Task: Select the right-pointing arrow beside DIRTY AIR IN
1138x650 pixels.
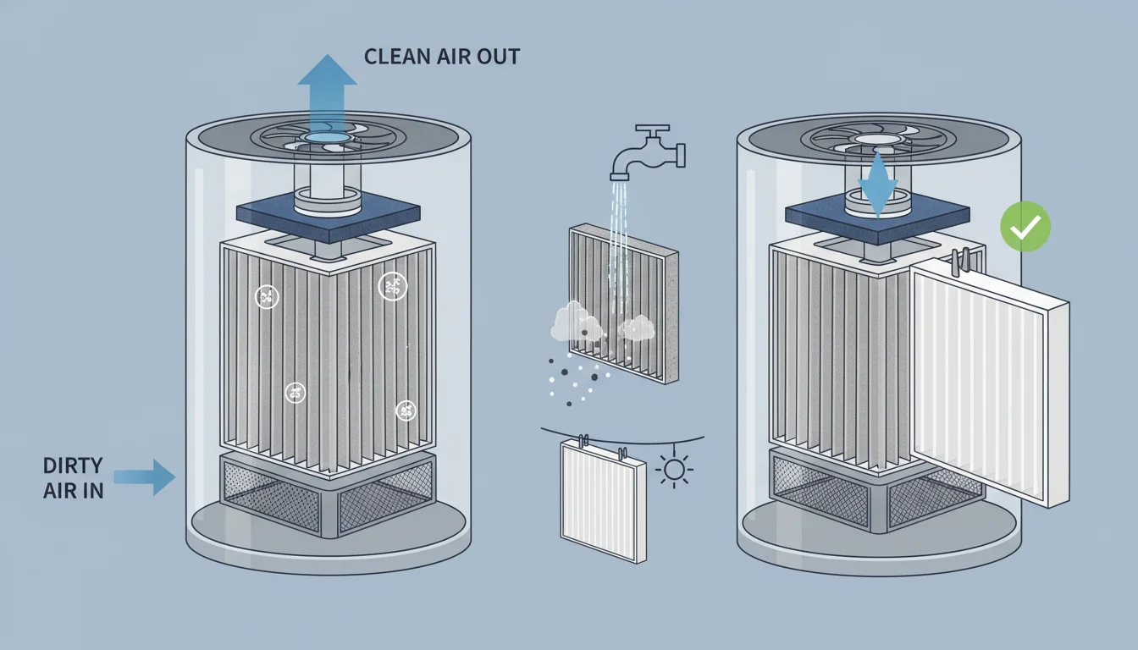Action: (145, 477)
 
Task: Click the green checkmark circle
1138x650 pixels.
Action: (1025, 226)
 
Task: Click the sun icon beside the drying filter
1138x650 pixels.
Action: (675, 470)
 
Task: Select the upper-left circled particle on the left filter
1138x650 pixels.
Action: (265, 297)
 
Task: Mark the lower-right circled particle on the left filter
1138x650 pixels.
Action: (406, 411)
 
